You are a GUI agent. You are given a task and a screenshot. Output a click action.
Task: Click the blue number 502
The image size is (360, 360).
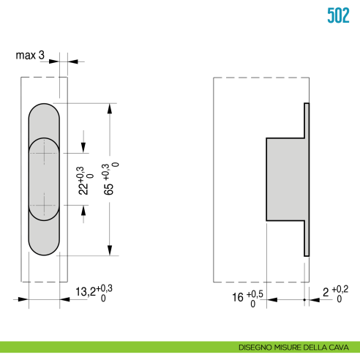pos(337,15)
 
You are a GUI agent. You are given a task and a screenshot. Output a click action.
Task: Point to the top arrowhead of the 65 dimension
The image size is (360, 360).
pos(109,108)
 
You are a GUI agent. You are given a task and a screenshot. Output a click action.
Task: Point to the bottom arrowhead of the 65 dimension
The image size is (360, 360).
pos(109,250)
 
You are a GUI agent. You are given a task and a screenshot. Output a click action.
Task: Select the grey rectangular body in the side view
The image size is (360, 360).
pos(284,178)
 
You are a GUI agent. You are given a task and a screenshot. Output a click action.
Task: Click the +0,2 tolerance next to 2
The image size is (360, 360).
pos(340,290)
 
